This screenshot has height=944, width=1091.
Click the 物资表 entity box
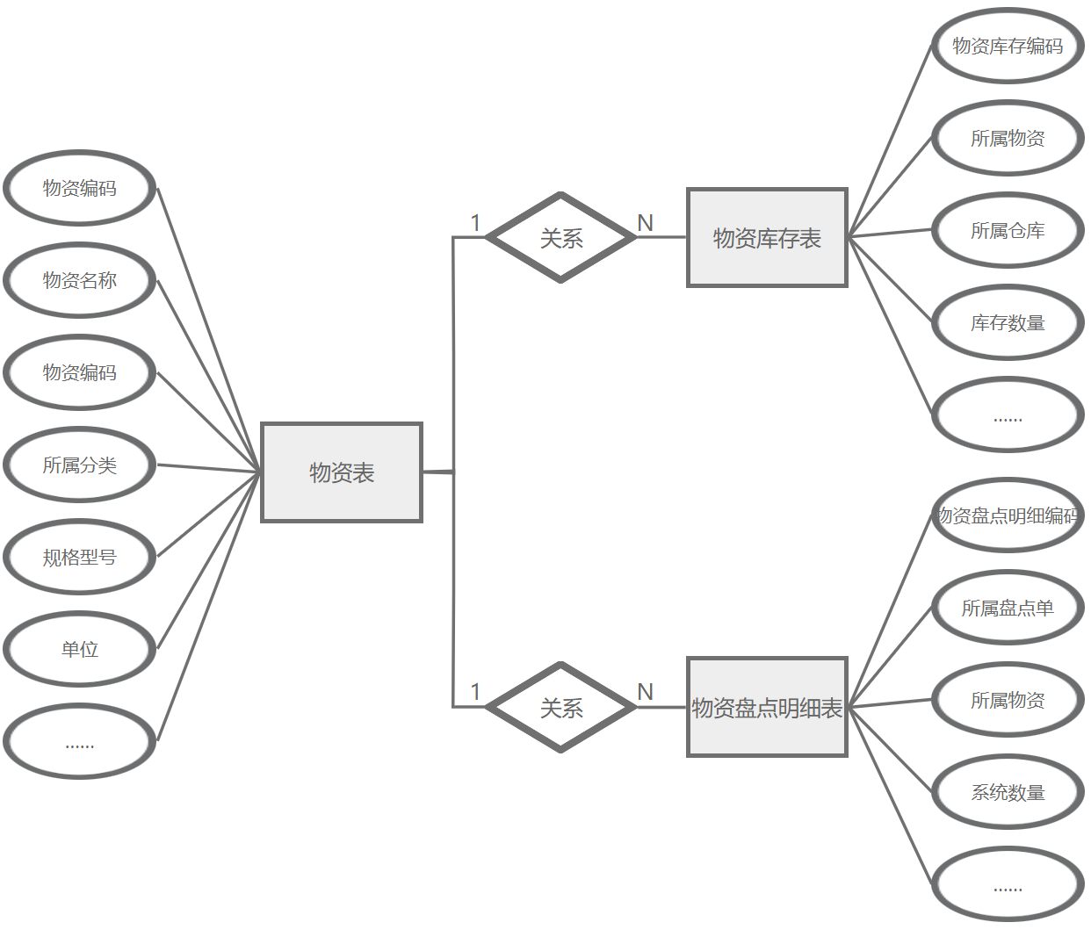(342, 472)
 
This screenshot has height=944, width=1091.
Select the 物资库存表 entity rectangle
(767, 237)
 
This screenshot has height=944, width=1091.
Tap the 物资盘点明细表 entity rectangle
(767, 707)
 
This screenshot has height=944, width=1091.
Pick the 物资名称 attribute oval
(80, 280)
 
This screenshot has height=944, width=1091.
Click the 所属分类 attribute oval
(80, 465)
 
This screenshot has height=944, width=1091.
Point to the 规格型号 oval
(80, 557)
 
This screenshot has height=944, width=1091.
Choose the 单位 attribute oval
(80, 649)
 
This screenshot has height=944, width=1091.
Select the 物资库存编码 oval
(1008, 46)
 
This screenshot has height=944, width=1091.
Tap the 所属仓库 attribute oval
(1008, 230)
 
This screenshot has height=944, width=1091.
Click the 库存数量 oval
(1008, 322)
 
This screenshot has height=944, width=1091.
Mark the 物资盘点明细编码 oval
(1008, 515)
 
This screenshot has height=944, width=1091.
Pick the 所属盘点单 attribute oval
(1008, 608)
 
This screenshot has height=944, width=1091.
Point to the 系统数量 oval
(1008, 792)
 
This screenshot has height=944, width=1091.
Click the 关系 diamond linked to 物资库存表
(561, 237)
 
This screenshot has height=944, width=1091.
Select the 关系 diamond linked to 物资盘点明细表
(561, 707)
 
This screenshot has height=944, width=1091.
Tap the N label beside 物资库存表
(646, 223)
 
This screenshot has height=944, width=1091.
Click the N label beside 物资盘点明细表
(646, 692)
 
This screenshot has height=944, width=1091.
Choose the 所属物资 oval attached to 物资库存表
(1008, 138)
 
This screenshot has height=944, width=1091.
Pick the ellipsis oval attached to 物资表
(80, 742)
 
